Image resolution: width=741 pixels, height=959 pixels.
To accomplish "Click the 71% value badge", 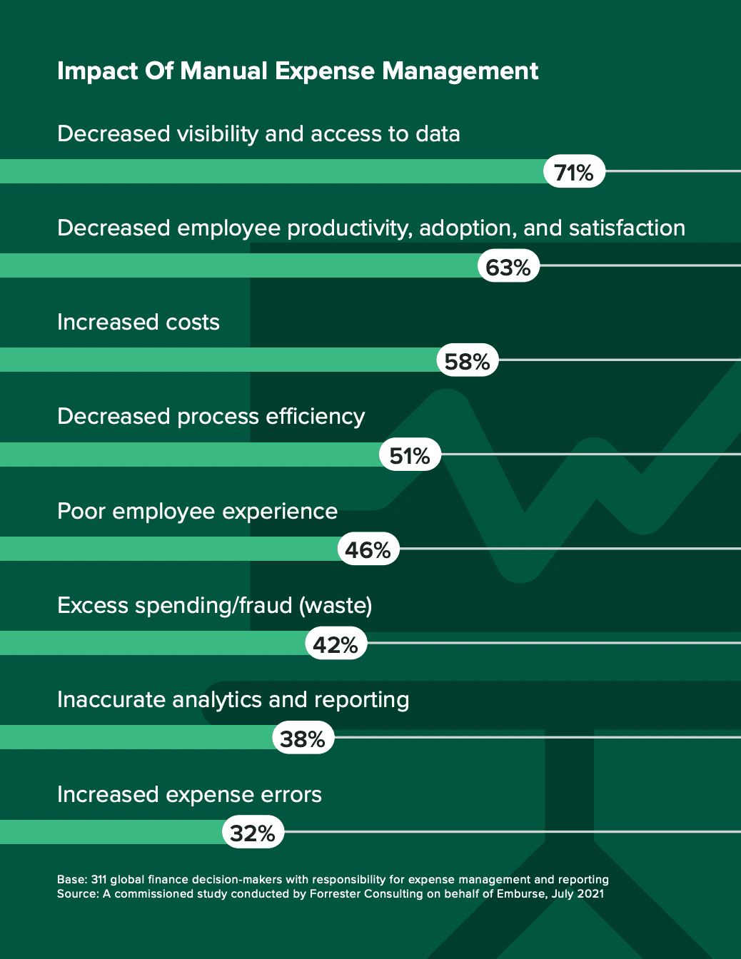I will coord(574,172).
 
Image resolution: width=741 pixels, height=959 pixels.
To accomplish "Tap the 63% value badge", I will coord(508,267).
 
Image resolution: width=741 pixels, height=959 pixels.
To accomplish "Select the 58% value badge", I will coord(467,361).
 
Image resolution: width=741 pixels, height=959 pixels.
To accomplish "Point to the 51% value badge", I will coord(410,455).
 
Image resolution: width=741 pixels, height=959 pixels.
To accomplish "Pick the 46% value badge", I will coord(368,549).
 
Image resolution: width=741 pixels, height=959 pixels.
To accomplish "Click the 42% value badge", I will coord(336,644).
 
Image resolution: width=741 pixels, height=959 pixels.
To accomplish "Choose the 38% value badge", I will coord(303,739).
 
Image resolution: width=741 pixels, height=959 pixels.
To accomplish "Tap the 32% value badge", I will coord(253,833).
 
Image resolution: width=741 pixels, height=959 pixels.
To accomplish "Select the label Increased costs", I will coord(138,323).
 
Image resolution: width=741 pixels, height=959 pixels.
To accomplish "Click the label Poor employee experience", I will coord(197,512).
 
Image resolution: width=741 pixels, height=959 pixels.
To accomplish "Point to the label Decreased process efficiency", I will coord(211,417).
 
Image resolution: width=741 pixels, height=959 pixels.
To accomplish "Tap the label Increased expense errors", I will coord(189,795).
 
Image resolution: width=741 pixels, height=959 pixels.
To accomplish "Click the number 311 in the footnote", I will coord(99,880).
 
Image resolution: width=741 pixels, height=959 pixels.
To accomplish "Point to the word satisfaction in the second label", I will coord(627,228).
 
